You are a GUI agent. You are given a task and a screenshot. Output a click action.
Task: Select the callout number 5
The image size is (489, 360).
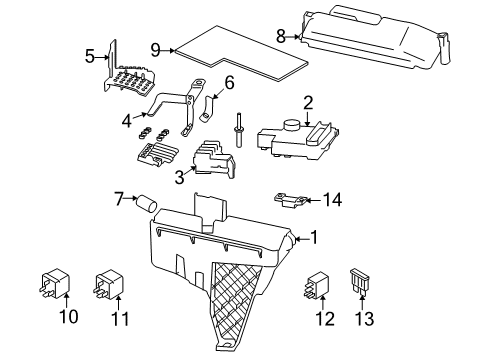pyautogui.click(x=90, y=57)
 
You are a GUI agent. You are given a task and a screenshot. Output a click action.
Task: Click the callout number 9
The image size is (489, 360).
pyautogui.click(x=155, y=49)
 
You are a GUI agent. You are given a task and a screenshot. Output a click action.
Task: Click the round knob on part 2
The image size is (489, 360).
pyautogui.click(x=291, y=127)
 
